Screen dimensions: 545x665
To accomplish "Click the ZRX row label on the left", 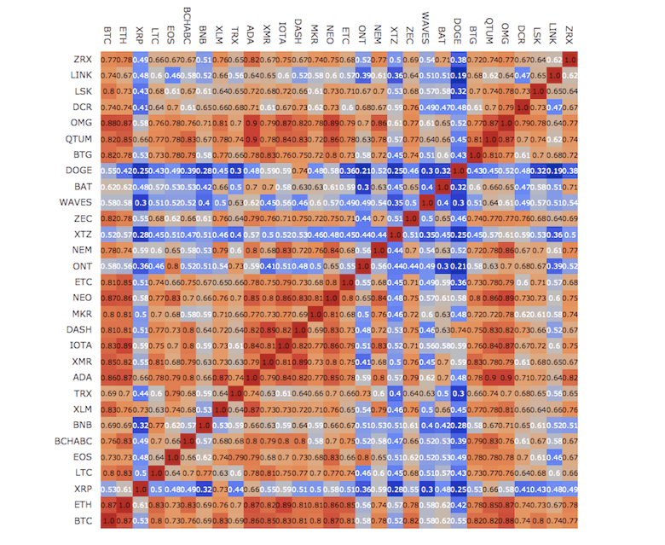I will click(83, 61).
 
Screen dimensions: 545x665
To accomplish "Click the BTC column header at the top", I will click(108, 35).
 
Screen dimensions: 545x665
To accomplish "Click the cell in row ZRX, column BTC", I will click(108, 61).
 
